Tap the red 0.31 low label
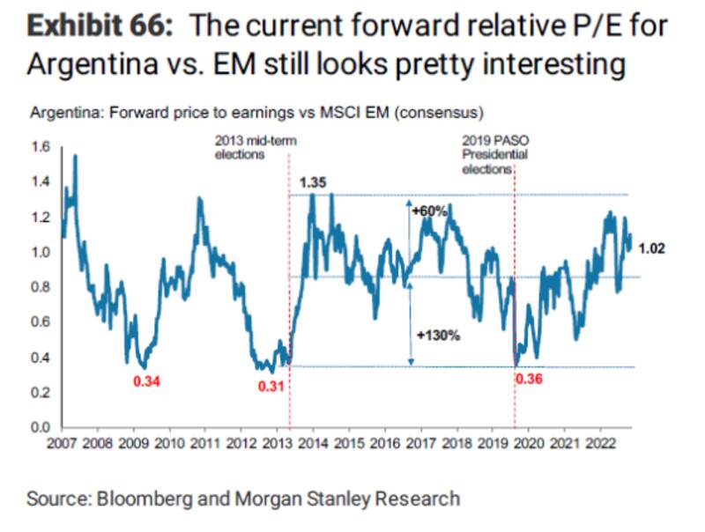(x=271, y=385)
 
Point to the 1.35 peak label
(x=314, y=182)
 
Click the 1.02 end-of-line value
(x=652, y=248)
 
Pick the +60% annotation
(x=431, y=211)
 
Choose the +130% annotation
(x=434, y=335)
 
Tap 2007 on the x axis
(x=62, y=443)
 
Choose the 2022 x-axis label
(x=601, y=443)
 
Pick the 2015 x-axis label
(x=349, y=443)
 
